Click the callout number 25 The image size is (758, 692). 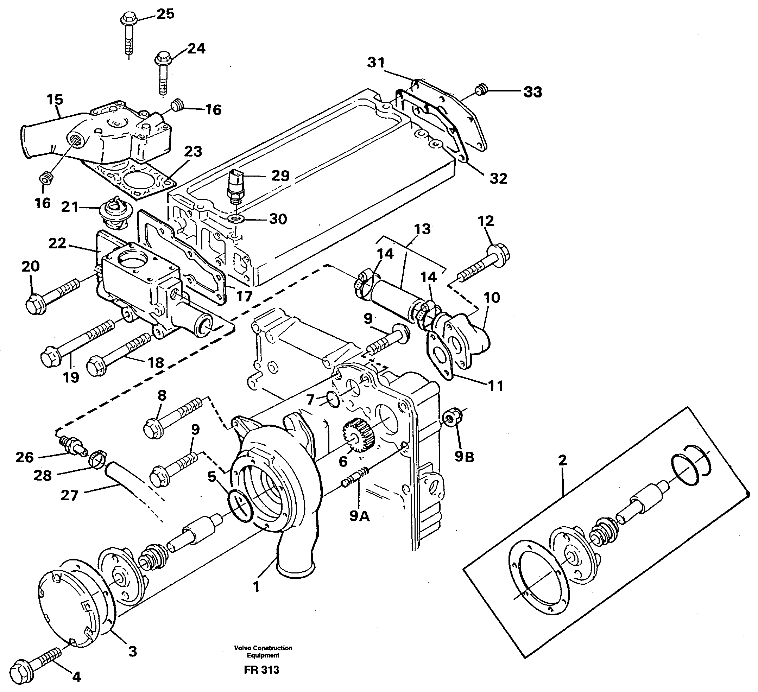click(x=165, y=14)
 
